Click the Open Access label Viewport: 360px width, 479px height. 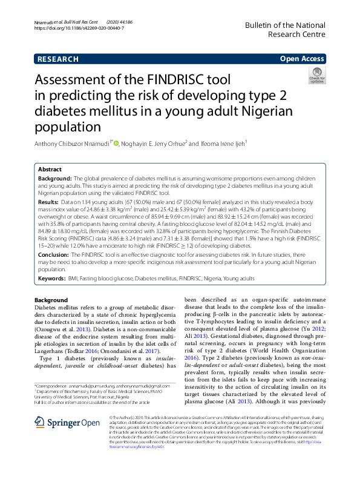click(301, 59)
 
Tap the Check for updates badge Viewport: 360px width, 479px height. click(316, 75)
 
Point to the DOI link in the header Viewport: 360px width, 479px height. click(80, 28)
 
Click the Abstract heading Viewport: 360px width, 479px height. click(50, 170)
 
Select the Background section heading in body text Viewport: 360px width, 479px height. click(51, 300)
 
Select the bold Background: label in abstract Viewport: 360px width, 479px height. click(54, 180)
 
